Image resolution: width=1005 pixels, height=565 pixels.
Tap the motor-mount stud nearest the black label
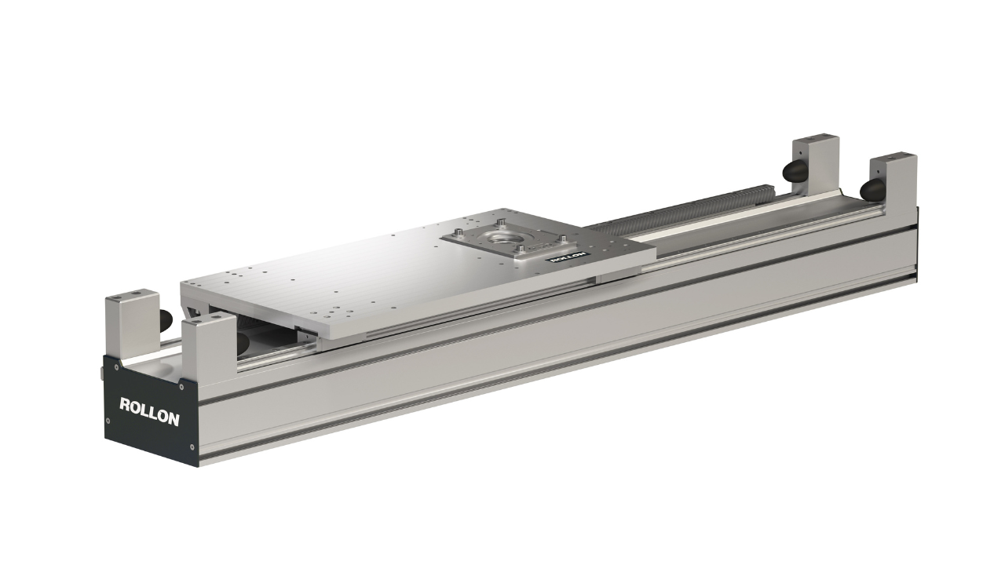(521, 248)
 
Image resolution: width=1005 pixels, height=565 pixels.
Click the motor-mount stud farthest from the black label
(502, 222)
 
